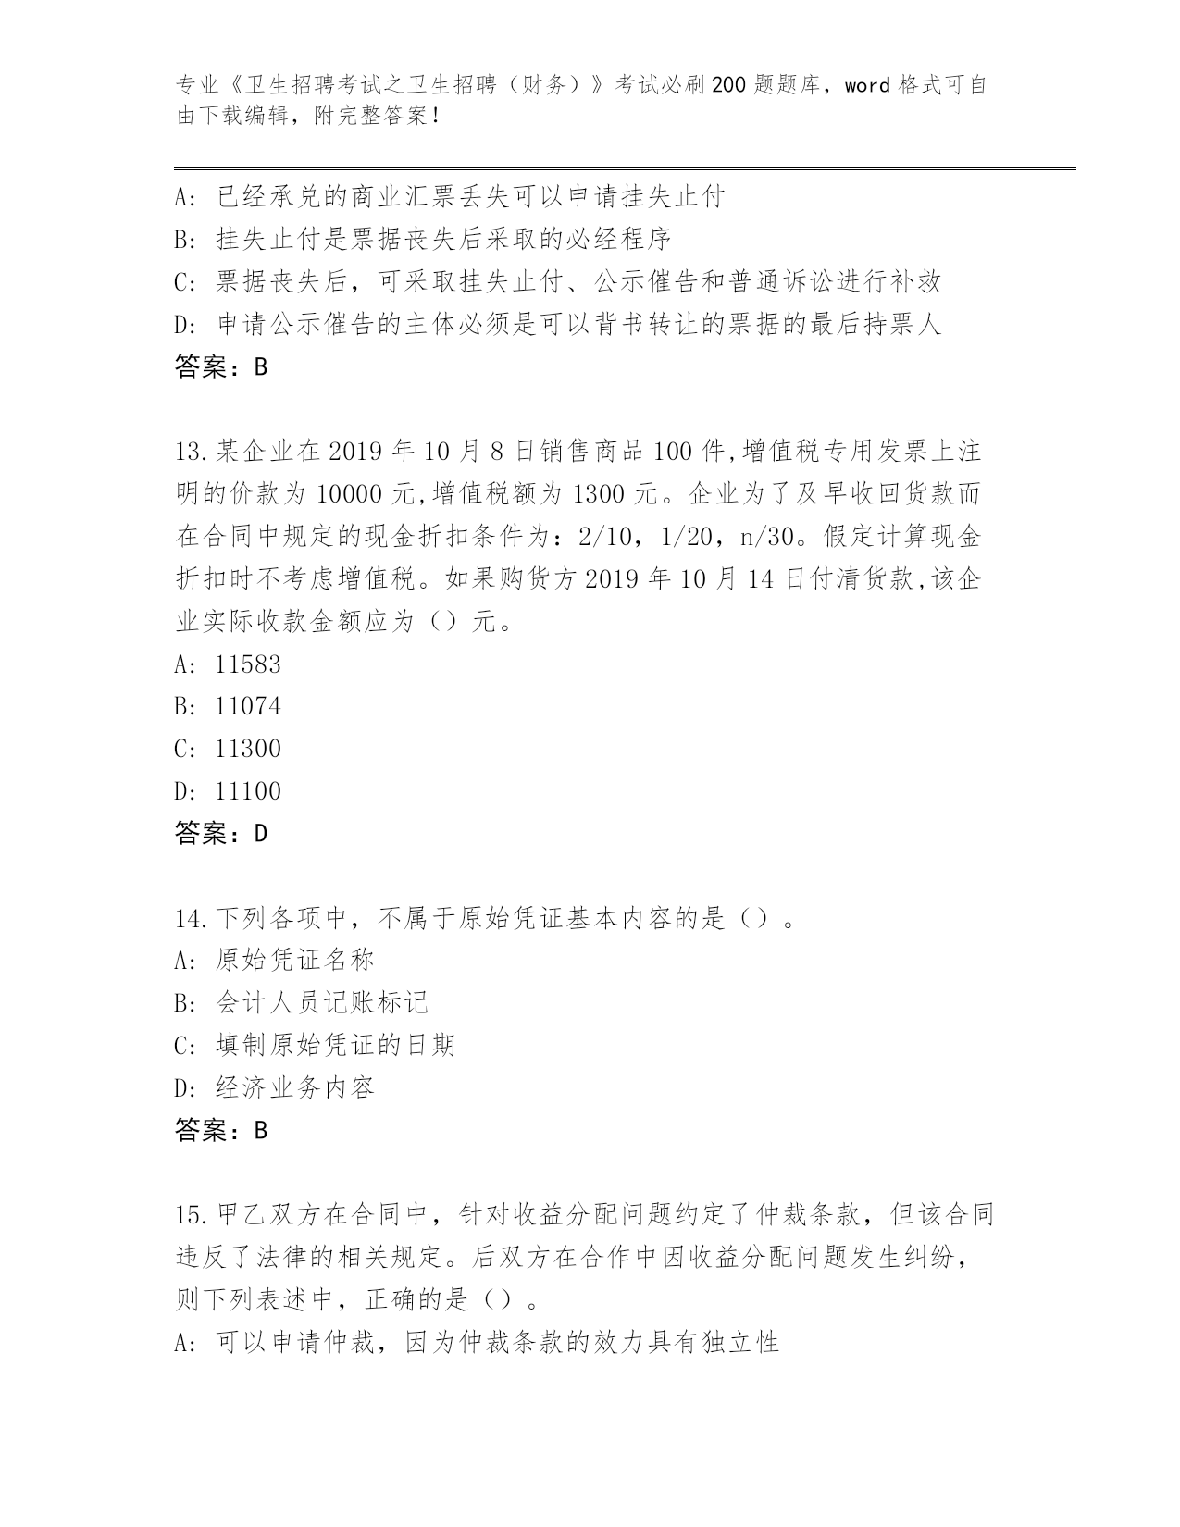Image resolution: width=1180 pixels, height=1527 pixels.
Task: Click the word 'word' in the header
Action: click(867, 86)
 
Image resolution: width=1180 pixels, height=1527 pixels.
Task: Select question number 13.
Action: click(190, 453)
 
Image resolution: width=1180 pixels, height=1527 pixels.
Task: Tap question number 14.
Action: click(190, 919)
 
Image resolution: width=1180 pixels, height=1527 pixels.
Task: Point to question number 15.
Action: click(190, 1214)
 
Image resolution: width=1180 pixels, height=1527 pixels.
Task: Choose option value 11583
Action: click(247, 664)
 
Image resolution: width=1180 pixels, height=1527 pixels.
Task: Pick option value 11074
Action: click(247, 707)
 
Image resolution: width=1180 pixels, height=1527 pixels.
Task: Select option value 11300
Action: click(247, 749)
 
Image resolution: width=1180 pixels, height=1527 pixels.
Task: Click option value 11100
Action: click(247, 791)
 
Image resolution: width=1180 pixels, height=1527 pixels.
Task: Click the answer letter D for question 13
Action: click(260, 834)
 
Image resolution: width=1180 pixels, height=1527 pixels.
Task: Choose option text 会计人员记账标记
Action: click(321, 1003)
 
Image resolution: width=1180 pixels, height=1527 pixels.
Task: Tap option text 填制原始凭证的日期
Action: click(335, 1046)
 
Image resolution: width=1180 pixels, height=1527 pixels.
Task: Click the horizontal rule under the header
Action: click(625, 168)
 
